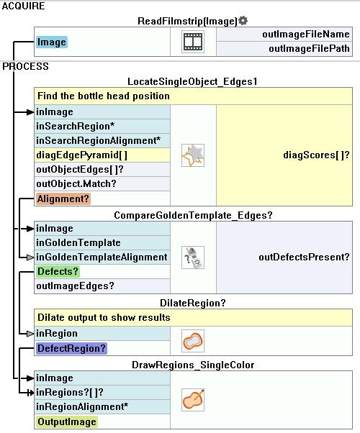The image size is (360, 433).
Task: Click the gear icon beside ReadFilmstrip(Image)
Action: coord(243,20)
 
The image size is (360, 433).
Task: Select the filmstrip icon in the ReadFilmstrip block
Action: coord(193,42)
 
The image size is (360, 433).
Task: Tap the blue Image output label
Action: coord(52,42)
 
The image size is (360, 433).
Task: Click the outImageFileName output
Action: coord(306,35)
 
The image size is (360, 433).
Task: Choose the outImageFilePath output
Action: coord(309,49)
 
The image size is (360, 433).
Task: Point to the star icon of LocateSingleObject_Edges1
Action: coord(193,155)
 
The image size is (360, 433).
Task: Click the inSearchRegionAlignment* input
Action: coord(98,140)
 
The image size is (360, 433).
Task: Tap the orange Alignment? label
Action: coord(63,199)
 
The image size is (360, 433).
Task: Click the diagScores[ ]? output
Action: coord(316,155)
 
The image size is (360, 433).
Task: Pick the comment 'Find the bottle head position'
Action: coord(104,96)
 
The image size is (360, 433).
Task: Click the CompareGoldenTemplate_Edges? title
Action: coord(193,215)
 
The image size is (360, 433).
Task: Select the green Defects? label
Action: coord(58,271)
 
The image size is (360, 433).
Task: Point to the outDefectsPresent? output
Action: coord(304,257)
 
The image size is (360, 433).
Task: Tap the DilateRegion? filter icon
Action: coord(193,341)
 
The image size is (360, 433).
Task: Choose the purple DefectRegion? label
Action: coord(71,348)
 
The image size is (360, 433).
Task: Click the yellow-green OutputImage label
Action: coord(67,421)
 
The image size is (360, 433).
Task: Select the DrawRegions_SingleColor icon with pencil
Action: coord(193,400)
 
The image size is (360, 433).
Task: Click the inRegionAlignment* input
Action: coord(82,406)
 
